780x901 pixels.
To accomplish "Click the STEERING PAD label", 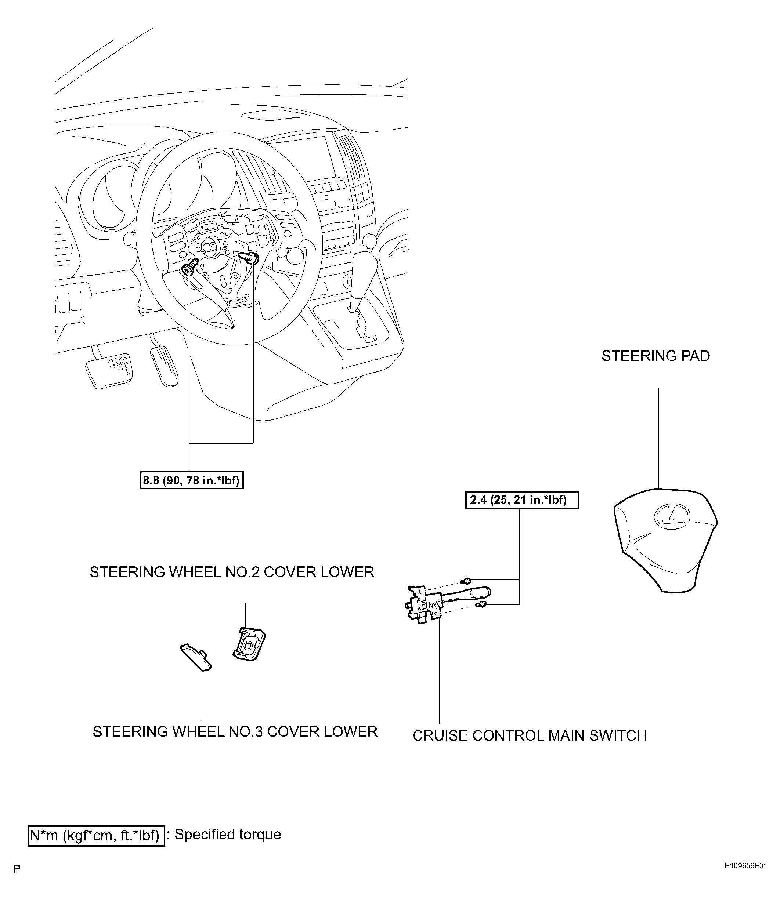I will point(655,356).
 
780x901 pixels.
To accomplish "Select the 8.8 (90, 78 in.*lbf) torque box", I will point(192,480).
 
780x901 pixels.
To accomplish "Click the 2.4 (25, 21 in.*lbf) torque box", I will point(521,500).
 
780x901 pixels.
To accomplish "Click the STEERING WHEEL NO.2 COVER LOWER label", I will point(232,572).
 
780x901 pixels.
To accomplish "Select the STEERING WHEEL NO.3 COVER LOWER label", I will point(235,732).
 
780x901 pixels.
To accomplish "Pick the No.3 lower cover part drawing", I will point(196,657).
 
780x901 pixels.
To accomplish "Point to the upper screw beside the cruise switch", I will point(466,580).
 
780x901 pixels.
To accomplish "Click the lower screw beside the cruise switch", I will point(481,604).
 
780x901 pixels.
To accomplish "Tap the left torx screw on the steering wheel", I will point(190,268).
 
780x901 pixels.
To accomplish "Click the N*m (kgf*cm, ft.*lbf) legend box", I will point(96,836).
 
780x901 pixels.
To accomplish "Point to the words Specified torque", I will point(228,835).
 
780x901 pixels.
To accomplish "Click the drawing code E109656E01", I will point(745,878).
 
